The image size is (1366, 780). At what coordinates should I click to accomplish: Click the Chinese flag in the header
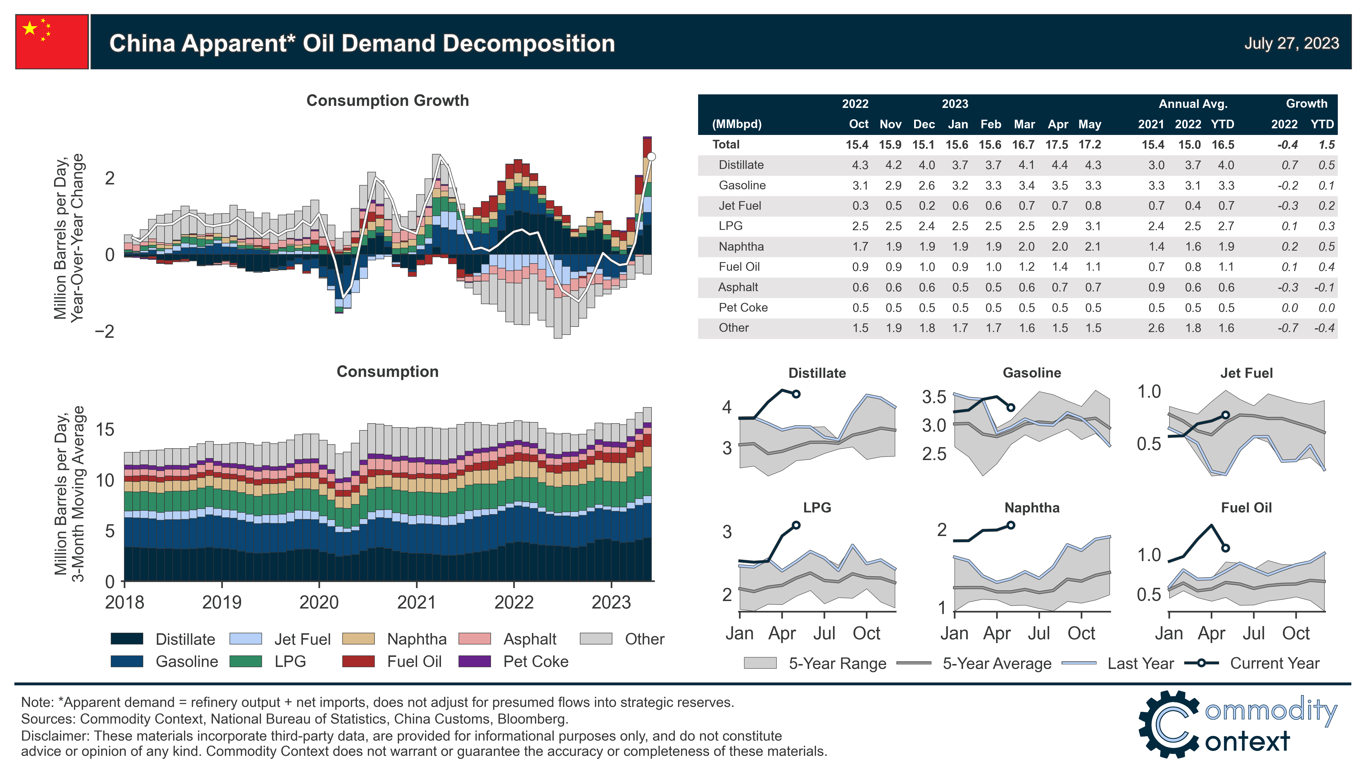pyautogui.click(x=52, y=42)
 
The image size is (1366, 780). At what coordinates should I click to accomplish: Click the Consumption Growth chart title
pyautogui.click(x=387, y=101)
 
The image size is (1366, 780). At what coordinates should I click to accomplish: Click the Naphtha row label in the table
pyautogui.click(x=741, y=246)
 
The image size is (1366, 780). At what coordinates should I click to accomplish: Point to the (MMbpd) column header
pyautogui.click(x=736, y=124)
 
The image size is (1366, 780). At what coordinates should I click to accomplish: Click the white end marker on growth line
pyautogui.click(x=651, y=157)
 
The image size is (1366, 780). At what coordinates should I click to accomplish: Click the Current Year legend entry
pyautogui.click(x=1275, y=663)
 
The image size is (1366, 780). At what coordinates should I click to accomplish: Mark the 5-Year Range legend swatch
pyautogui.click(x=760, y=663)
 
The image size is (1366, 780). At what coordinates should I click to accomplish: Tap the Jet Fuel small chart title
pyautogui.click(x=1246, y=373)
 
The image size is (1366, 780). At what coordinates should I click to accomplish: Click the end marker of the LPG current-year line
pyautogui.click(x=796, y=525)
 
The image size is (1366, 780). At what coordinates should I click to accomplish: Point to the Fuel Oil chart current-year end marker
pyautogui.click(x=1226, y=548)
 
